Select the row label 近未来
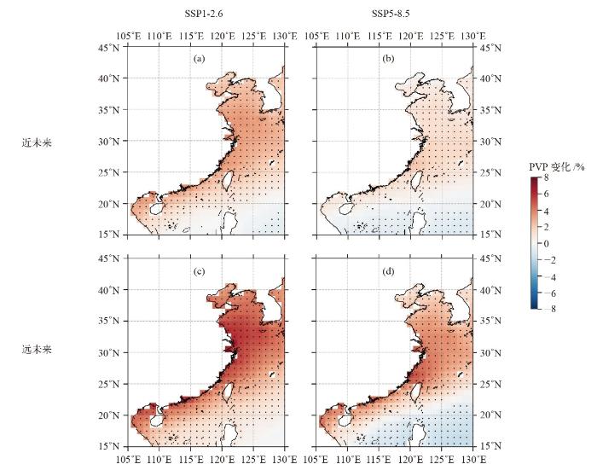tap(37, 142)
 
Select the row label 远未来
tap(37, 349)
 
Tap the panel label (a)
tap(199, 60)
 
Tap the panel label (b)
tap(388, 60)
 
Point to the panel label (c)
tap(199, 272)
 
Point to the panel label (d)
tap(388, 272)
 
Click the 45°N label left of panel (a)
tap(111, 47)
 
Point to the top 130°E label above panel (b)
tap(472, 36)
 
